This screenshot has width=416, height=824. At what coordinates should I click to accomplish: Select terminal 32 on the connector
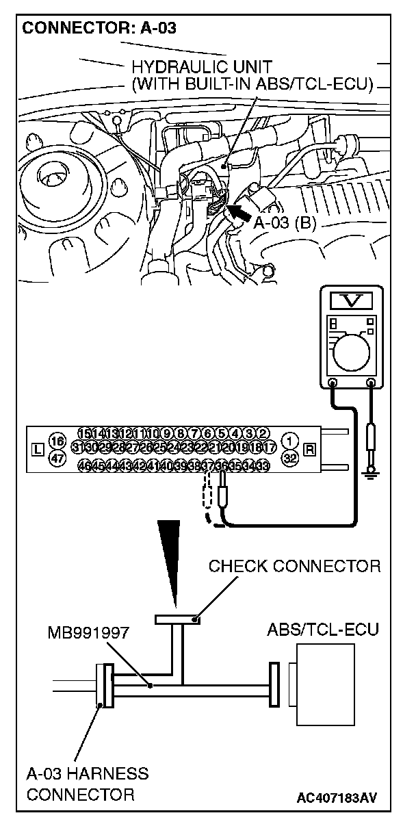pyautogui.click(x=291, y=459)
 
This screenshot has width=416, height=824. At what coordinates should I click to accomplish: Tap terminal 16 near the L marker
pyautogui.click(x=57, y=440)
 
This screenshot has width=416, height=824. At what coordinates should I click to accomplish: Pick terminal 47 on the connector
pyautogui.click(x=57, y=459)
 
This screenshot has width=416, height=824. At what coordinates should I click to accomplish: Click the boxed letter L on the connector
pyautogui.click(x=38, y=450)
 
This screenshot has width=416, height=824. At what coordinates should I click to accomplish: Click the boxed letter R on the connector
pyautogui.click(x=310, y=450)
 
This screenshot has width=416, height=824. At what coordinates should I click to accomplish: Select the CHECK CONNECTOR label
pyautogui.click(x=294, y=566)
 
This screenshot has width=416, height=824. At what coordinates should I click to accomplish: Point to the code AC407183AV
pyautogui.click(x=337, y=797)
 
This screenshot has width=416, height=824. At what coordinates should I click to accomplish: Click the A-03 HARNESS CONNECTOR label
pyautogui.click(x=87, y=784)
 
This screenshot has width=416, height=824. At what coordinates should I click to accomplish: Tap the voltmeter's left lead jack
pyautogui.click(x=333, y=384)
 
